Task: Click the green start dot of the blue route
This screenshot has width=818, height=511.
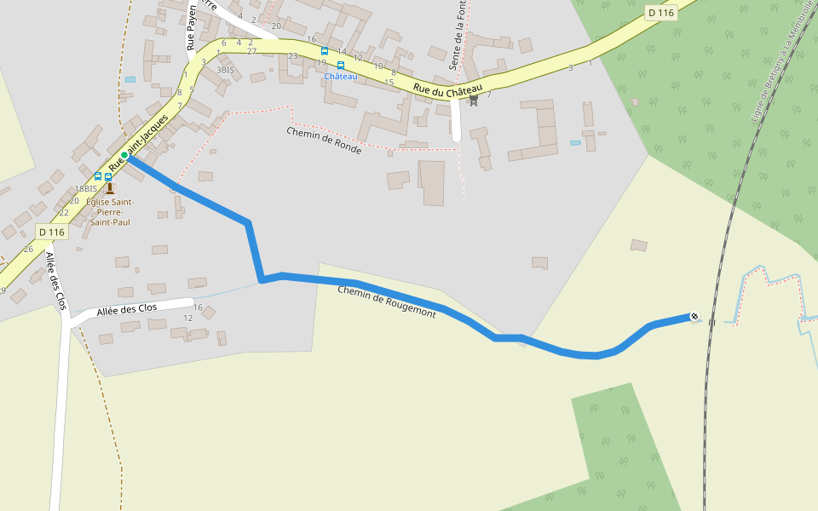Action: point(124,154)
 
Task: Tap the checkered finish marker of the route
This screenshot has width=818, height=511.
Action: point(694,318)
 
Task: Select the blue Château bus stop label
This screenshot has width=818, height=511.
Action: point(340,77)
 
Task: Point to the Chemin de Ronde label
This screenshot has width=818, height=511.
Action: point(324,141)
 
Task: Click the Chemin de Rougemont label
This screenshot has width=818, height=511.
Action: point(386,302)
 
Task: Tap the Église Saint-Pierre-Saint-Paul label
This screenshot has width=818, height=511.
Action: point(109,211)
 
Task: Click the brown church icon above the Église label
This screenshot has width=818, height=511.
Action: point(109,188)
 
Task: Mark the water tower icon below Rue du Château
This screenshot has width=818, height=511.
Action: point(474,100)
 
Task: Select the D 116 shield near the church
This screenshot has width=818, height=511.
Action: point(52,232)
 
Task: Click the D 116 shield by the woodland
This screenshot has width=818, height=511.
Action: point(660,13)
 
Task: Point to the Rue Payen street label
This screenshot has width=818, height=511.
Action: point(192,28)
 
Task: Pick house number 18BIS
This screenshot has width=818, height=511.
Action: point(86,189)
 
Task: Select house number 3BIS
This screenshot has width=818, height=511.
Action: point(225,70)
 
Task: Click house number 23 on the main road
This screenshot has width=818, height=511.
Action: point(293,56)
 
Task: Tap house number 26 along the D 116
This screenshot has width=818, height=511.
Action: point(28,249)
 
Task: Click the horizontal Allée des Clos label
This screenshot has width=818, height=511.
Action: point(127,310)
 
